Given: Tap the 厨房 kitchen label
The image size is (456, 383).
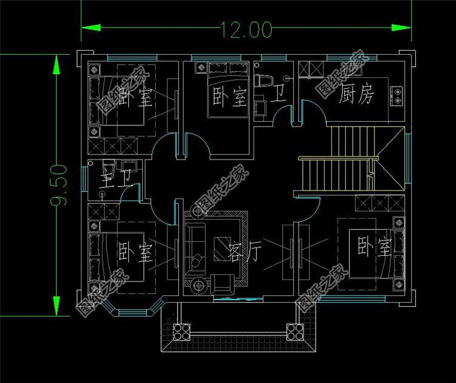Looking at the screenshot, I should [x=357, y=94].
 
